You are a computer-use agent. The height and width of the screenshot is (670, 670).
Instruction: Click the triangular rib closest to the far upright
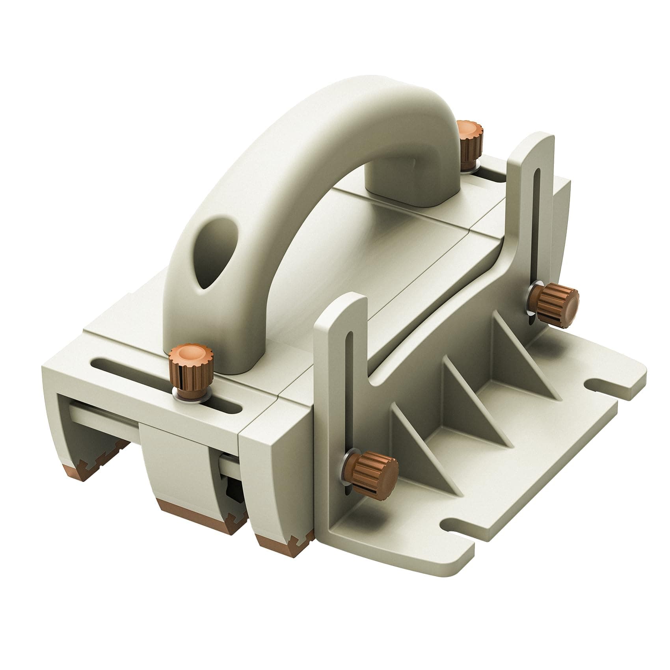520,355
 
